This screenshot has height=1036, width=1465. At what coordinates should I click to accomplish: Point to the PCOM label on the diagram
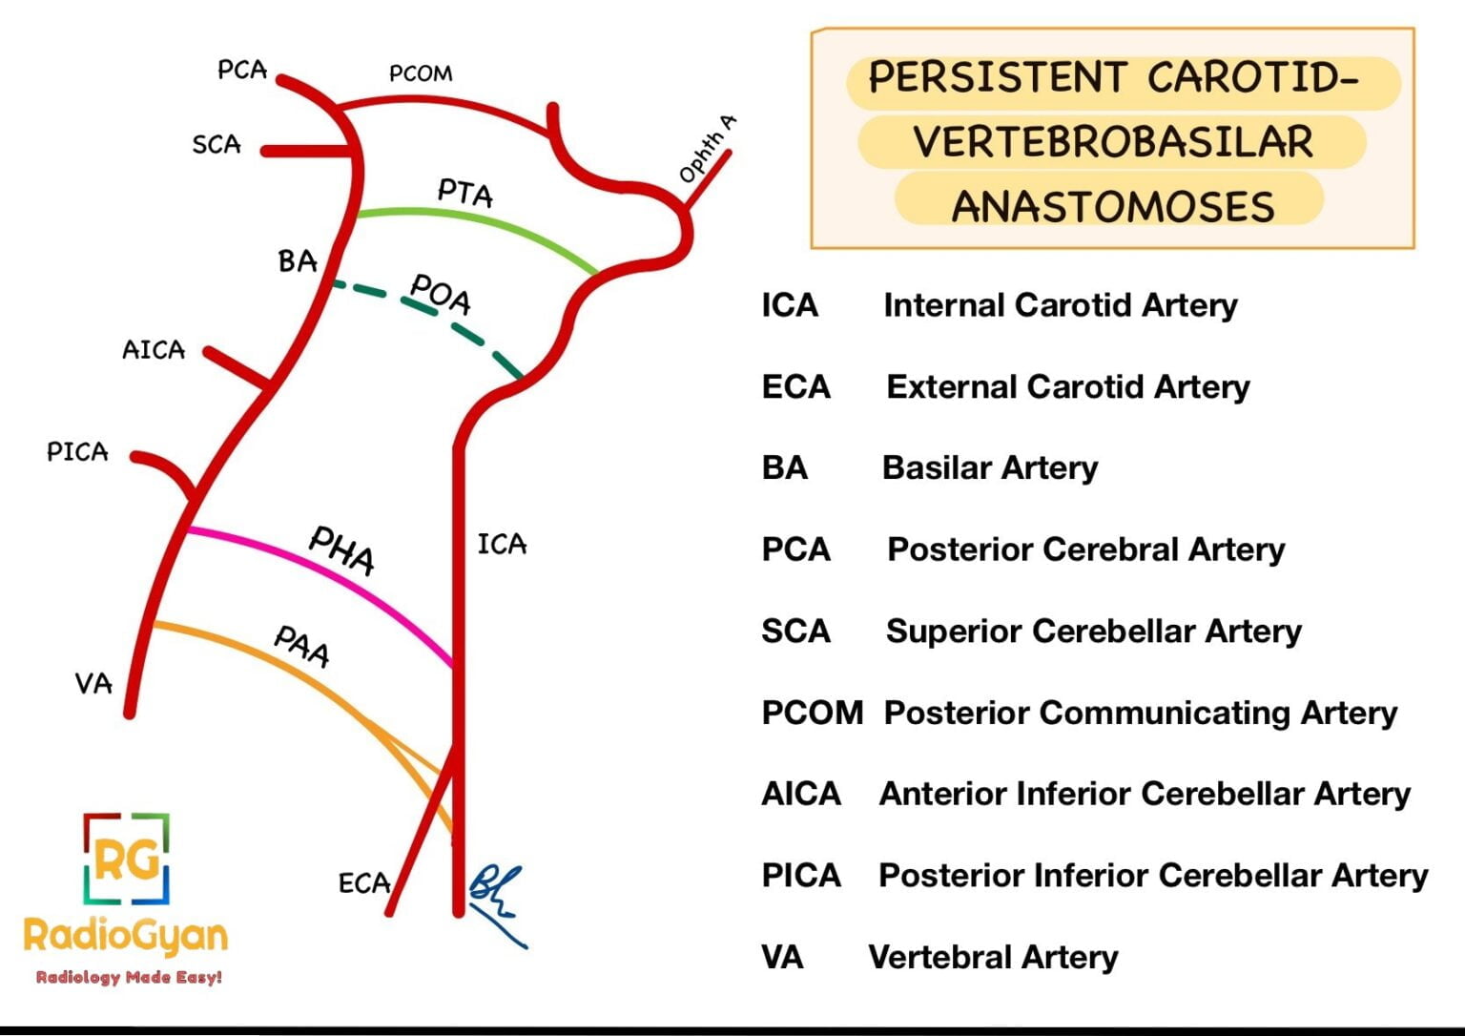421,73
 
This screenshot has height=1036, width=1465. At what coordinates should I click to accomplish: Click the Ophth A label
707,149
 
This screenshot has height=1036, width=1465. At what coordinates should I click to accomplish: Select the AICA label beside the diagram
154,350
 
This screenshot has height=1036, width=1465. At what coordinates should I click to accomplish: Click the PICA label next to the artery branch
77,451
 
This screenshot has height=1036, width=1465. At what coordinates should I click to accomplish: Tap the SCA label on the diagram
217,145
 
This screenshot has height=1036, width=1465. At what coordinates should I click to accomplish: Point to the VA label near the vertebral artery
93,683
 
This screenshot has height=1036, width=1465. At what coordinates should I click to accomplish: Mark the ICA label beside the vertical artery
502,545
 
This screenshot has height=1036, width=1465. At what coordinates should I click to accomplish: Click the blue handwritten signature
497,902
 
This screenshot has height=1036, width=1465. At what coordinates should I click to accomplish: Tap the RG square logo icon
126,860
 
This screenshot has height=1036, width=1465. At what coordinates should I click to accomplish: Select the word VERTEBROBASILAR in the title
1113,142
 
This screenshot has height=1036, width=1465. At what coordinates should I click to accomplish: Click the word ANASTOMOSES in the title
1113,206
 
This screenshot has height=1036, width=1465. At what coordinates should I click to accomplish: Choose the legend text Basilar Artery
990,467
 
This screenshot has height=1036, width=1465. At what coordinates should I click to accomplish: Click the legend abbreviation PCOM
812,713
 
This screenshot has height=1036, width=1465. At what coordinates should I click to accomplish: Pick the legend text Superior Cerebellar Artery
1093,631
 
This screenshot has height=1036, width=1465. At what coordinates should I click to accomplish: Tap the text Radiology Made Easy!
129,977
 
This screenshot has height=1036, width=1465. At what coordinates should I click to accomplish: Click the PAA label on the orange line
302,647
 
